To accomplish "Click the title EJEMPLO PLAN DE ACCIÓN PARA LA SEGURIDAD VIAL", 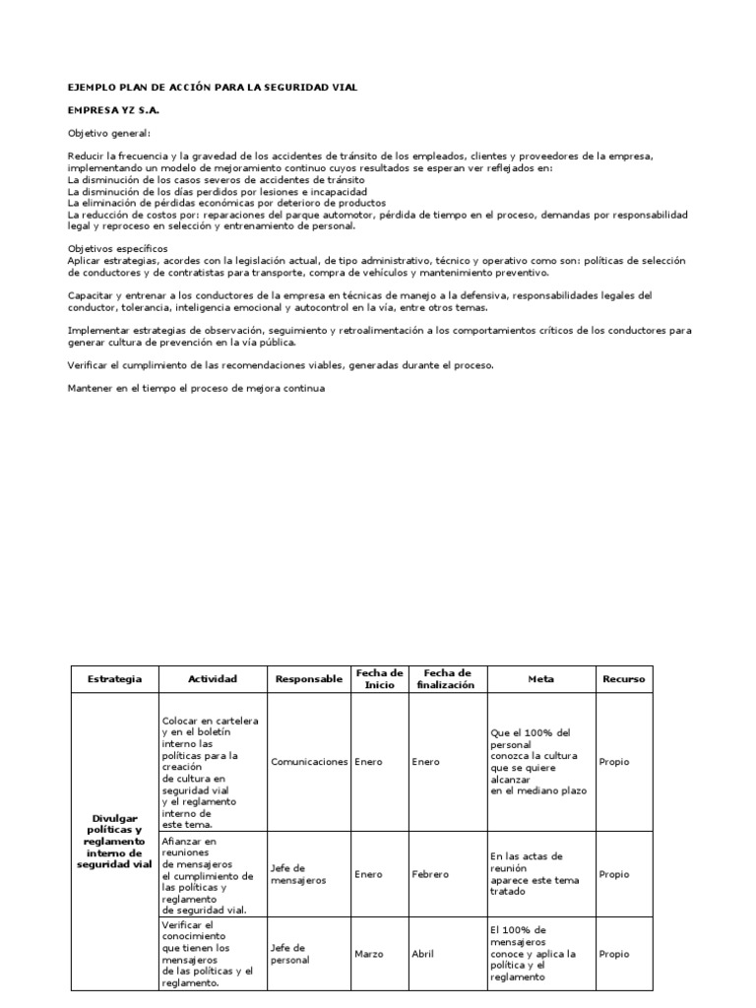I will point(212,88).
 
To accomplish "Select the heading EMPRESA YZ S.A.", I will point(112,111).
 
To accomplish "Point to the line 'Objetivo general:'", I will point(109,134).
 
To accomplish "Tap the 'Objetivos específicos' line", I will point(117,248).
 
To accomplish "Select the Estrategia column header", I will point(114,679).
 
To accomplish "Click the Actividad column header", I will point(214,679).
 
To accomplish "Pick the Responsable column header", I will point(309,679).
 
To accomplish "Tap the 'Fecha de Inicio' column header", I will point(379,678).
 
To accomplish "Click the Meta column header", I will point(540,679).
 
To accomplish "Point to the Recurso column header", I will point(624,679).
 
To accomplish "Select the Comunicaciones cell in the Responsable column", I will point(309,762).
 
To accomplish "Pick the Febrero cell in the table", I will point(430,874).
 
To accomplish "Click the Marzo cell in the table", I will point(370,954).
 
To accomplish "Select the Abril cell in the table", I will point(425,954).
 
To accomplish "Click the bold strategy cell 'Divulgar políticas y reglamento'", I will point(114,841).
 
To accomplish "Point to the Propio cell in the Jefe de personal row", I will point(613,954).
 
